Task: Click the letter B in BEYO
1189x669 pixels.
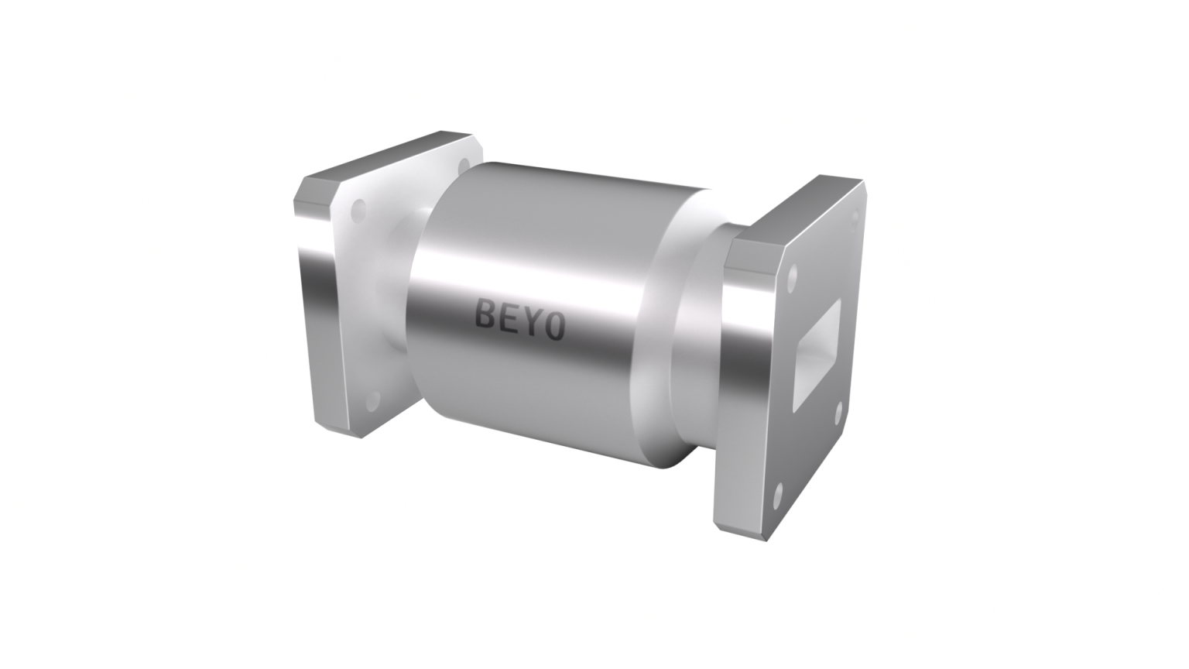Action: click(x=485, y=315)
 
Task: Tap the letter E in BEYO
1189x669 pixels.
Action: click(x=506, y=318)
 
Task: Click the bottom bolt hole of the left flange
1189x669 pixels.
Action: click(x=372, y=400)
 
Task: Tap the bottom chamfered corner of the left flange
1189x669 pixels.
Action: click(x=341, y=431)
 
